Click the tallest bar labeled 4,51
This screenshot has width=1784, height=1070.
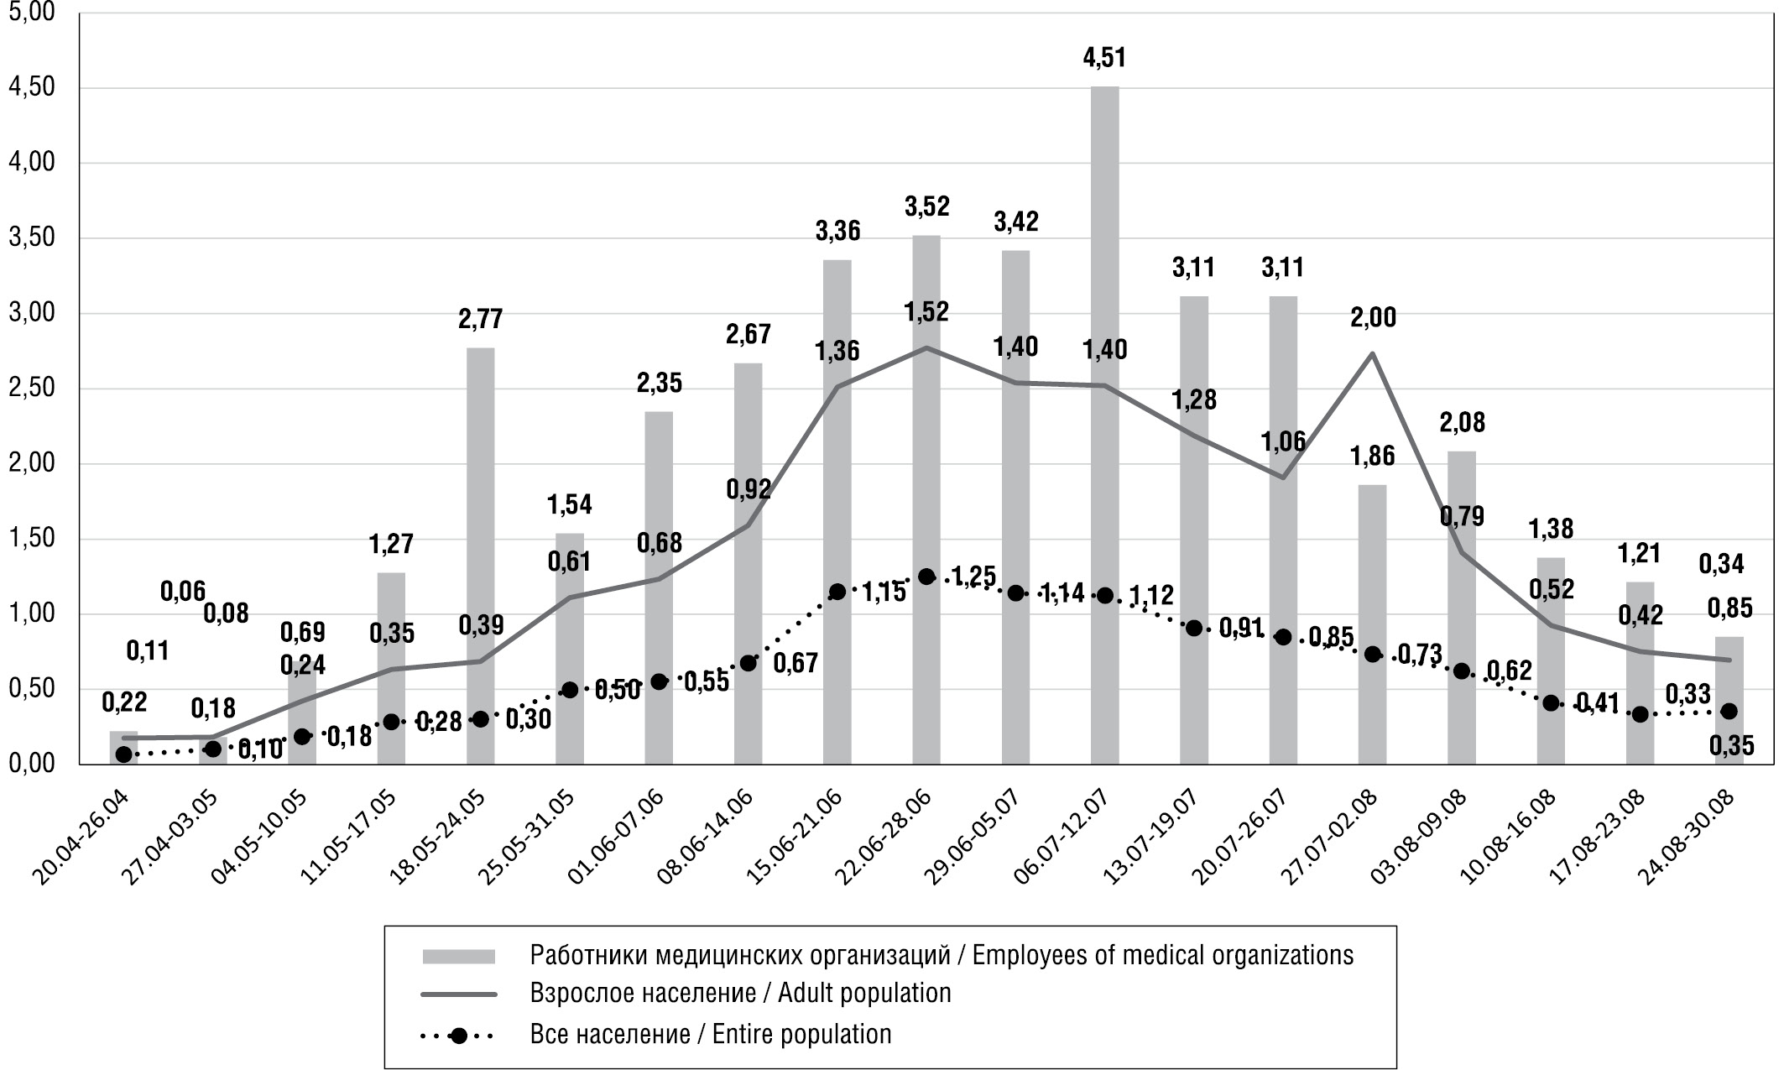click(1104, 420)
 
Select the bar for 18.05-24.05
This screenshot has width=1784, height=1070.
click(480, 554)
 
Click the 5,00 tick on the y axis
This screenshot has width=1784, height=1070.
click(31, 13)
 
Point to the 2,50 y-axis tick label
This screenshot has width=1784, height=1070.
click(31, 389)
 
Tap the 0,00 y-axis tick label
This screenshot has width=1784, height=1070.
click(31, 764)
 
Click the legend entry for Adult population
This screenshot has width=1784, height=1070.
click(740, 994)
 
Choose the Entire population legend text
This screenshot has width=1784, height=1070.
click(710, 1034)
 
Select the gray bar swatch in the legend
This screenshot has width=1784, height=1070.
click(458, 956)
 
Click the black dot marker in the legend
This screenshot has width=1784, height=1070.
click(458, 1035)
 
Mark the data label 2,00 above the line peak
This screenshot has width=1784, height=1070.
click(1373, 318)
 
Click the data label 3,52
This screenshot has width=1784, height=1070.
click(926, 206)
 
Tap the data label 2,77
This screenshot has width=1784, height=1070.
click(480, 320)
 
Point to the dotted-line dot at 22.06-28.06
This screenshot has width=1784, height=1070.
click(926, 577)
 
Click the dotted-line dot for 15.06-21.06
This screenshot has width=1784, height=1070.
click(837, 592)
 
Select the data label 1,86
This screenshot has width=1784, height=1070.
click(1373, 457)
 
